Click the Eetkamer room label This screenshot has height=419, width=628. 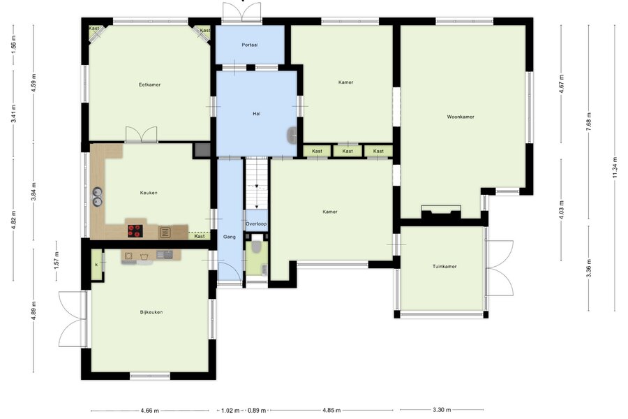150,84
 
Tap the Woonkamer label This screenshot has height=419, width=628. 461,117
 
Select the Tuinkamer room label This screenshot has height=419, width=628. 444,266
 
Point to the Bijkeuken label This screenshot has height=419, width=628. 151,312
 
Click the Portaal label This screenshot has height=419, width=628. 250,45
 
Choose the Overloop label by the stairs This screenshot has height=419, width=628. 256,224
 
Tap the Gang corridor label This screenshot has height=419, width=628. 230,237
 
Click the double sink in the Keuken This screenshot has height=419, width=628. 97,196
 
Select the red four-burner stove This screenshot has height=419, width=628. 135,230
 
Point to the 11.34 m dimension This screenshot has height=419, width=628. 615,168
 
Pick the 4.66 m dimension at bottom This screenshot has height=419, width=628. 150,411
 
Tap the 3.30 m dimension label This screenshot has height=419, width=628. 442,410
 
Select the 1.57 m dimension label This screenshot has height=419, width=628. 57,260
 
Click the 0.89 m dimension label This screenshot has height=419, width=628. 257,411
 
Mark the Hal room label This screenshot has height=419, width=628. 256,114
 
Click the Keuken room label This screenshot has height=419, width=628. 149,193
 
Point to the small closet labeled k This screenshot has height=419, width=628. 96,265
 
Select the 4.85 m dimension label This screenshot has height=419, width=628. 331,410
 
